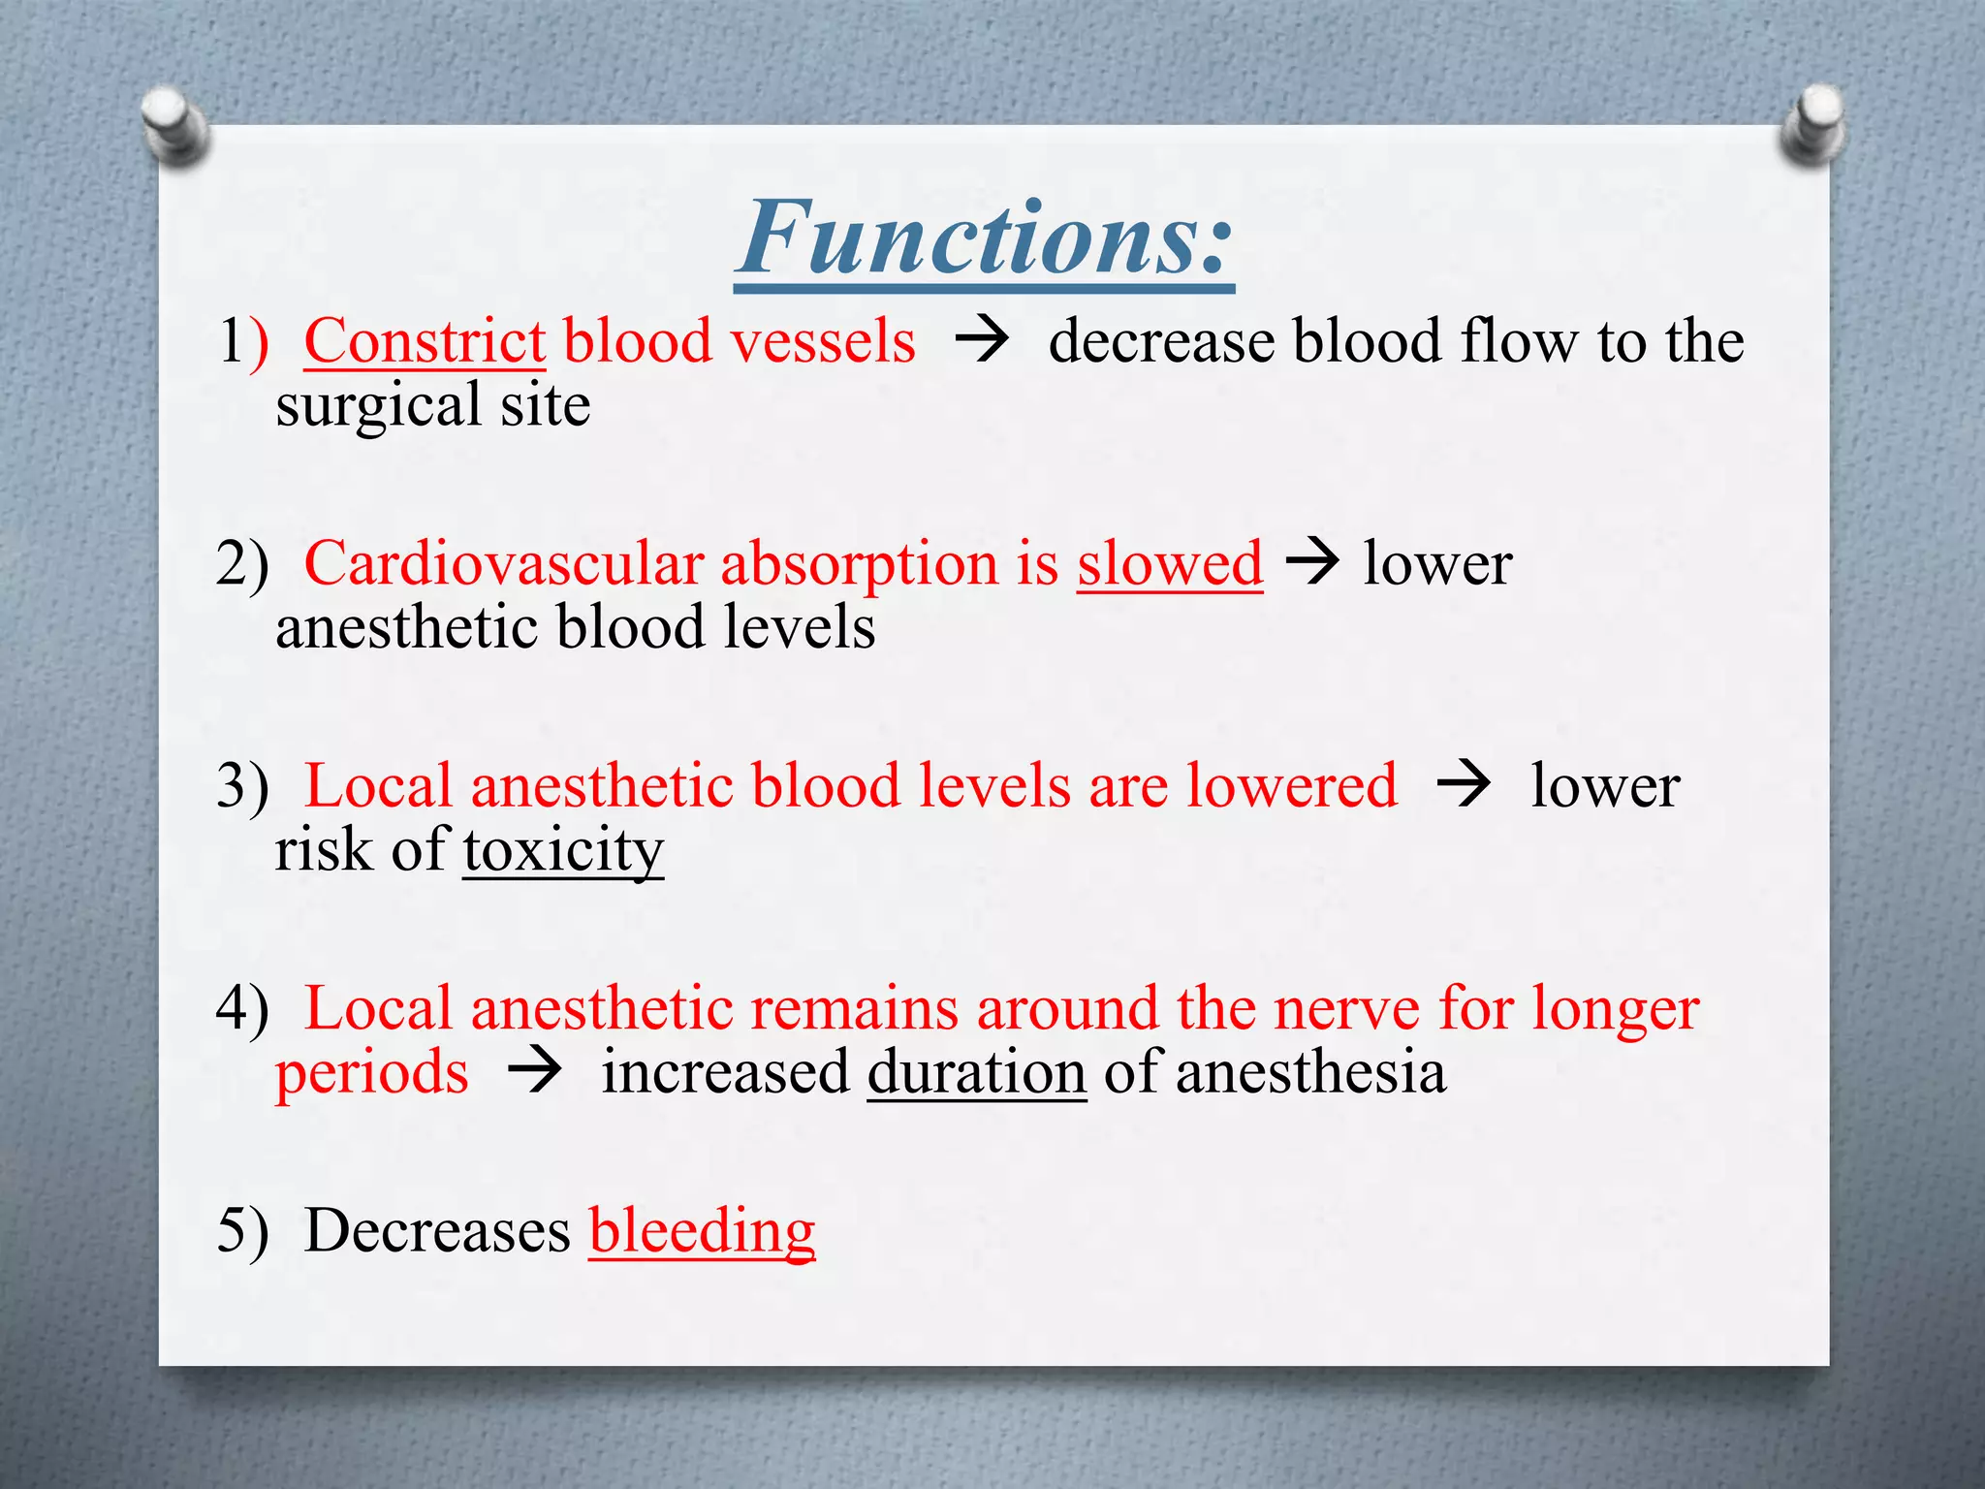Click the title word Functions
tap(984, 238)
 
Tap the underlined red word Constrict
tap(425, 341)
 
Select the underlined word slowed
tap(1169, 563)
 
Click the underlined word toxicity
tap(563, 850)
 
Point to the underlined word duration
tap(976, 1072)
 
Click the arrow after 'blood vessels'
tap(981, 341)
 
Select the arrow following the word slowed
tap(1311, 561)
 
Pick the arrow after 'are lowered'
tap(1463, 784)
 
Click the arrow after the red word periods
tap(534, 1072)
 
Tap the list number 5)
tap(241, 1231)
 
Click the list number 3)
tap(241, 786)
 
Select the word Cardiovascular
tap(503, 563)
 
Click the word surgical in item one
tap(378, 406)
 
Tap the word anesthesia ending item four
tap(1310, 1072)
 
